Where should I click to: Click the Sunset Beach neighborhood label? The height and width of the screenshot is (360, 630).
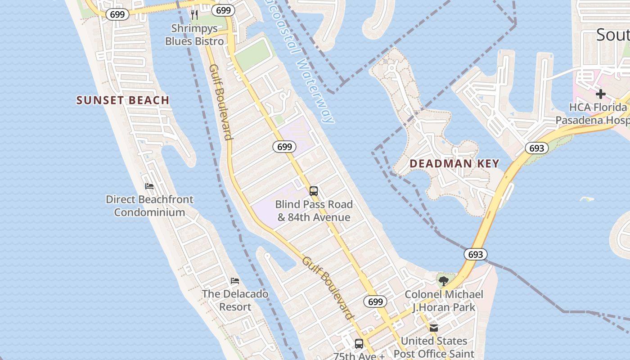pyautogui.click(x=123, y=100)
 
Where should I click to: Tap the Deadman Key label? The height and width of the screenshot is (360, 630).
pyautogui.click(x=454, y=163)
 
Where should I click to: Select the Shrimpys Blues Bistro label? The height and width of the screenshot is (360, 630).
pyautogui.click(x=194, y=35)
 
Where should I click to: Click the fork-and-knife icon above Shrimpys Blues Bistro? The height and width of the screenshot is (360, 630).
pyautogui.click(x=194, y=15)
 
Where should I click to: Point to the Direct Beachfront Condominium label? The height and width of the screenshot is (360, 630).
pyautogui.click(x=149, y=206)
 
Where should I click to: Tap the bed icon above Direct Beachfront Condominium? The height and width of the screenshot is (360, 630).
pyautogui.click(x=149, y=186)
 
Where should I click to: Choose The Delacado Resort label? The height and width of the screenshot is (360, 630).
pyautogui.click(x=235, y=300)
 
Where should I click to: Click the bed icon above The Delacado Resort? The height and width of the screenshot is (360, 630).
pyautogui.click(x=235, y=281)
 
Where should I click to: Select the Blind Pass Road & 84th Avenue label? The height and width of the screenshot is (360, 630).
pyautogui.click(x=314, y=211)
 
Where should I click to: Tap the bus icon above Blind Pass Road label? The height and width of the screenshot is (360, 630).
pyautogui.click(x=314, y=191)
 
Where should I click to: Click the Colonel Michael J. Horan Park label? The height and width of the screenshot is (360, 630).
pyautogui.click(x=444, y=301)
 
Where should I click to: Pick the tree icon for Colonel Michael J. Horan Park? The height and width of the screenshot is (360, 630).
pyautogui.click(x=443, y=281)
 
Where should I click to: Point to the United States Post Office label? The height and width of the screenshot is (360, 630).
pyautogui.click(x=434, y=347)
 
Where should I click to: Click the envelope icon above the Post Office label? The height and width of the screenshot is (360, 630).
pyautogui.click(x=434, y=328)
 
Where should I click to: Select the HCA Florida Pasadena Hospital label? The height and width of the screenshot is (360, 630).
pyautogui.click(x=592, y=114)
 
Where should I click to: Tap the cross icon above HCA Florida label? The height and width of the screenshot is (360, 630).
pyautogui.click(x=600, y=94)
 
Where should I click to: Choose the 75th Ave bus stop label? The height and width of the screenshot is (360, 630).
pyautogui.click(x=359, y=356)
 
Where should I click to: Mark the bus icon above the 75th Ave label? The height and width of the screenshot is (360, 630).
pyautogui.click(x=359, y=344)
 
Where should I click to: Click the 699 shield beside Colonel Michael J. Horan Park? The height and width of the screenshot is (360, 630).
pyautogui.click(x=375, y=301)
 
